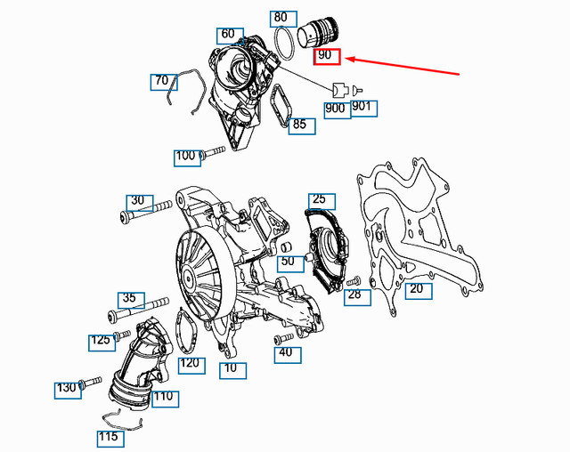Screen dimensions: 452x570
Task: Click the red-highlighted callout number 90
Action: [x=326, y=56]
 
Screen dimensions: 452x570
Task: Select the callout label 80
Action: [x=281, y=17]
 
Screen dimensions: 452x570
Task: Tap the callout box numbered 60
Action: [x=228, y=35]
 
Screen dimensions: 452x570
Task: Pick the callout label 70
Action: [x=160, y=81]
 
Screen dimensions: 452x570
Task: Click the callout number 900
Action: [x=336, y=109]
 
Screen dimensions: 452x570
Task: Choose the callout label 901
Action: [x=363, y=109]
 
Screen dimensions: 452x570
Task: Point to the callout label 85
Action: [x=299, y=125]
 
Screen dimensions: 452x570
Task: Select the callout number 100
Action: [x=185, y=157]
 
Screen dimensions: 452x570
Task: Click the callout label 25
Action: [x=318, y=199]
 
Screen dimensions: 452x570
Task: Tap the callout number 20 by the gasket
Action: [x=416, y=288]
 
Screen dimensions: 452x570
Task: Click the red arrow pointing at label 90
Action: [x=401, y=66]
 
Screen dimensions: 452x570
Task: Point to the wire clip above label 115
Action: [x=124, y=418]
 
